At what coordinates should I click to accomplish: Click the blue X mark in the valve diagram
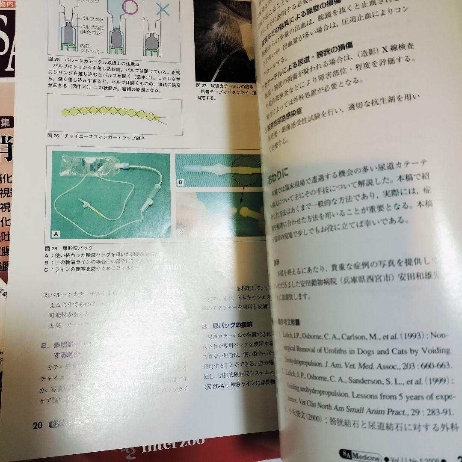162,8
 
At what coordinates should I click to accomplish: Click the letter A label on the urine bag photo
56,234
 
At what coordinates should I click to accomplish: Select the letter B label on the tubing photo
181,182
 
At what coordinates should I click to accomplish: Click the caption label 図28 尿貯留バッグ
68,248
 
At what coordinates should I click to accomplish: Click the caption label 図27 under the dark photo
201,85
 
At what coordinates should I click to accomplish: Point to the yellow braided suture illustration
111,112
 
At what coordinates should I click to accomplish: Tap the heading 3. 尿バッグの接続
227,325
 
